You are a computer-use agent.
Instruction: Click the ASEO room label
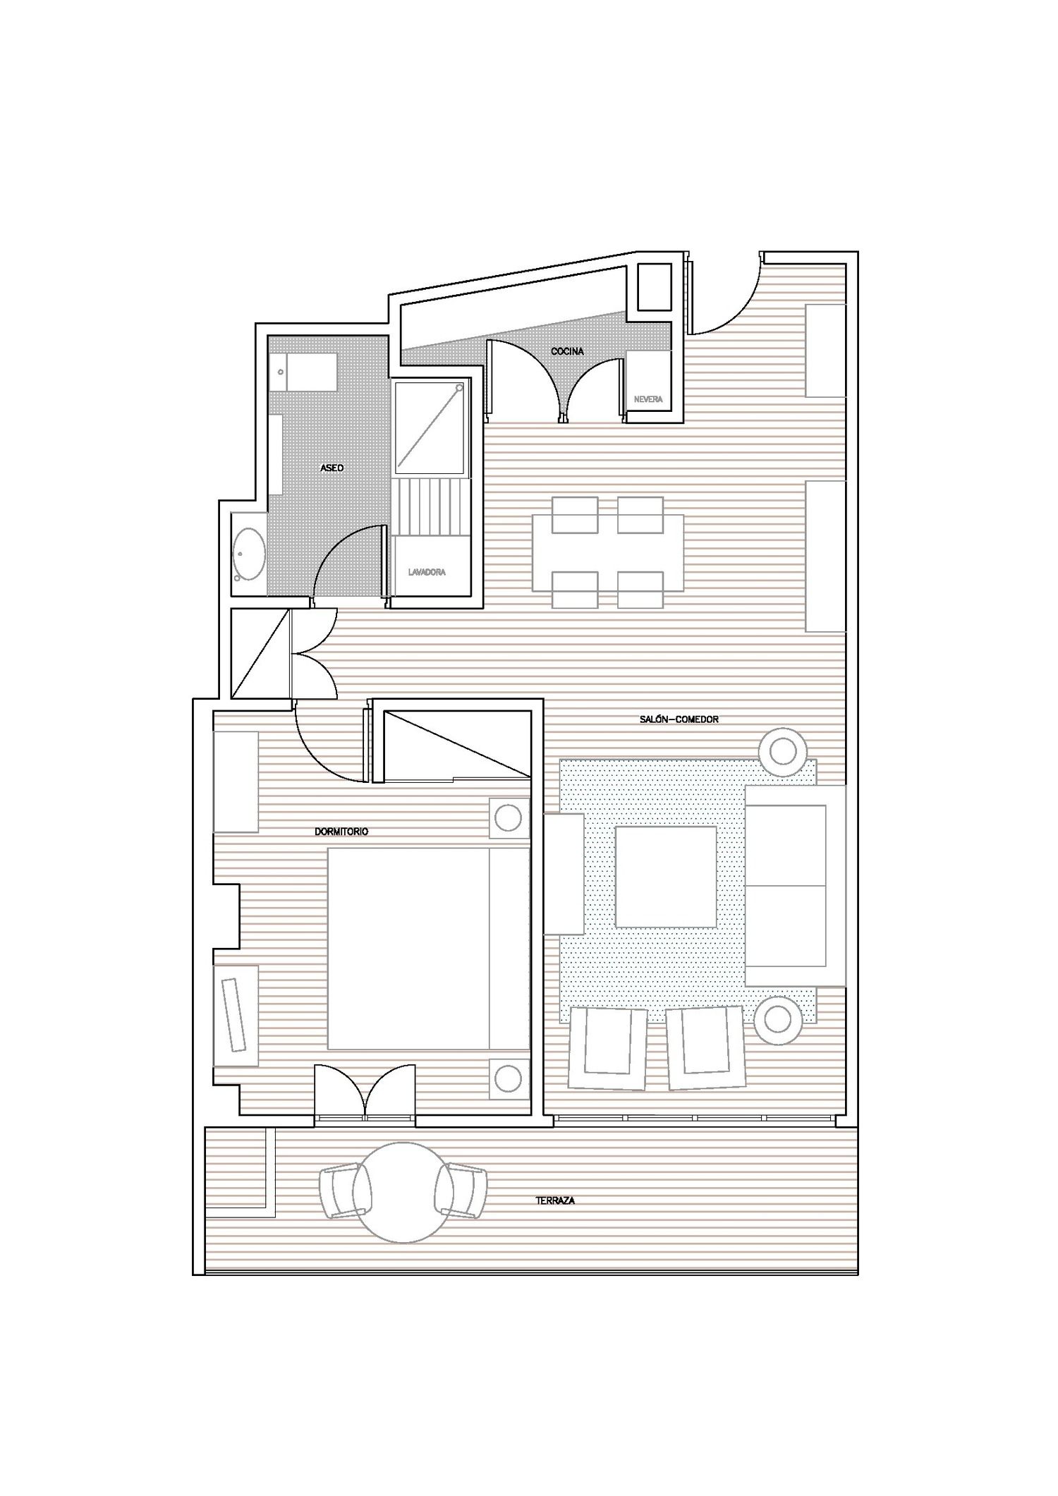(x=332, y=468)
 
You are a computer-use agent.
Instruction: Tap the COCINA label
(x=568, y=351)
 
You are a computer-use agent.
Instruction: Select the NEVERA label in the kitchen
(x=648, y=399)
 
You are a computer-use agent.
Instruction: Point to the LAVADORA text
(x=427, y=572)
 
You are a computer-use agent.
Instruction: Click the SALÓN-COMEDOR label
(x=679, y=719)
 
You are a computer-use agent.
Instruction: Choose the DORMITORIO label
(x=341, y=832)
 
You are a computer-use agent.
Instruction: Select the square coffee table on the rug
(x=667, y=876)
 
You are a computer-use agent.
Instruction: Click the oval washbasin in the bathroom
(x=250, y=554)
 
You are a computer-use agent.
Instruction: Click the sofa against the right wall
(x=795, y=885)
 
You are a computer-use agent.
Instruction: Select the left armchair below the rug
(x=608, y=1048)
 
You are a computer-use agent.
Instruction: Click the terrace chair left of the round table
(x=343, y=1191)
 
